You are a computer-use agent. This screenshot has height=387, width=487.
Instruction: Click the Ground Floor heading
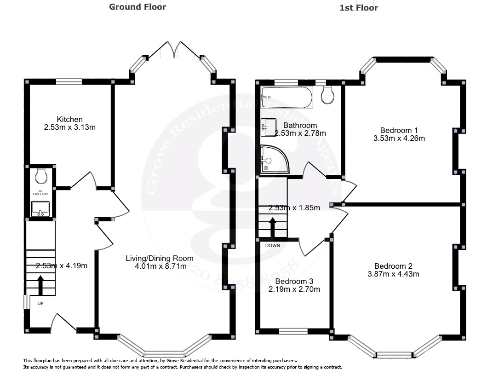pos(138,7)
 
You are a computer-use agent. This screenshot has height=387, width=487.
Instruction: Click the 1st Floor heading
pos(358,7)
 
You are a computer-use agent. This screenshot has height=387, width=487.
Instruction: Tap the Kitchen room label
pos(70,119)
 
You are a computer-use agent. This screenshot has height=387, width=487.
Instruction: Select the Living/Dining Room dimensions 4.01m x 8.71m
pos(156,266)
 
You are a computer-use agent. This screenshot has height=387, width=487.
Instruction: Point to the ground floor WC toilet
pos(41,175)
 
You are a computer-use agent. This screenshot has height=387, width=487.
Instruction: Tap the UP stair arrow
pos(40,285)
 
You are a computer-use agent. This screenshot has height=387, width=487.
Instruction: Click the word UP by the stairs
pos(40,303)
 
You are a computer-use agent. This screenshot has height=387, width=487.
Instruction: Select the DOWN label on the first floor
pos(272,245)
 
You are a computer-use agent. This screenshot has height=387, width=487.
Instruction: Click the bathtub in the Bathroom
pos(286,97)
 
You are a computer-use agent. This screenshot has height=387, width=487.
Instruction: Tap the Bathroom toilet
pos(327,95)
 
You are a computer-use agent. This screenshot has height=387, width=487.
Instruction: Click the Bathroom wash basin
pos(268,127)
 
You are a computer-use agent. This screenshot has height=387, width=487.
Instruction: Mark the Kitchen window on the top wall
pos(69,82)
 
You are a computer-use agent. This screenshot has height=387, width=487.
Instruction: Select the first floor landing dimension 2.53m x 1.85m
pos(294,208)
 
